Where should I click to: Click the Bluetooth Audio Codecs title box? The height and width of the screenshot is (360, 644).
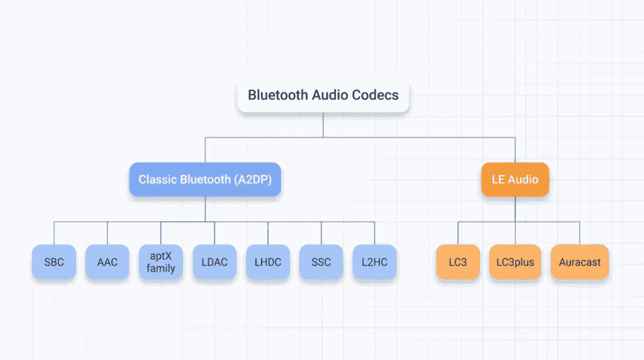pos(323,96)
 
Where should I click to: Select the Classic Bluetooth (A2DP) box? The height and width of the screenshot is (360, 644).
pos(205,179)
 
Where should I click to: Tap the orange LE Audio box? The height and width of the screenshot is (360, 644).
pos(515,179)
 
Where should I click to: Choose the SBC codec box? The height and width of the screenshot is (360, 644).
pos(54,262)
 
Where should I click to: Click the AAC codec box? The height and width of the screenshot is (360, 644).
pos(108,262)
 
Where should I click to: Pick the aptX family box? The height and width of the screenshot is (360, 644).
pos(161,262)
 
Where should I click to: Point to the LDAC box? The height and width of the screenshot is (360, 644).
pos(214,262)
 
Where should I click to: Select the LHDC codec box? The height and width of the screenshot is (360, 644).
pos(268,262)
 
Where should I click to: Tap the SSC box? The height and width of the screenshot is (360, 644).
pos(321,262)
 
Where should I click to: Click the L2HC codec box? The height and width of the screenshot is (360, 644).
pos(375,262)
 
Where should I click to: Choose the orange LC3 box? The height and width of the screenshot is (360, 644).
pos(458,262)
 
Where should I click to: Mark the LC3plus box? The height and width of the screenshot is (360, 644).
pos(515,262)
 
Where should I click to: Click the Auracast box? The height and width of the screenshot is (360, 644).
pos(579,262)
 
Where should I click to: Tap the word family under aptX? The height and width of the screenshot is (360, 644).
pos(161,269)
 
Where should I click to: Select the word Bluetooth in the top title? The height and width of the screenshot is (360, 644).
pos(273,96)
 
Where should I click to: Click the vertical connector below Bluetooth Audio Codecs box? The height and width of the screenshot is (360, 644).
pos(323,125)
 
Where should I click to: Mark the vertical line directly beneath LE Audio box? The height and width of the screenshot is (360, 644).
pos(515,209)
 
